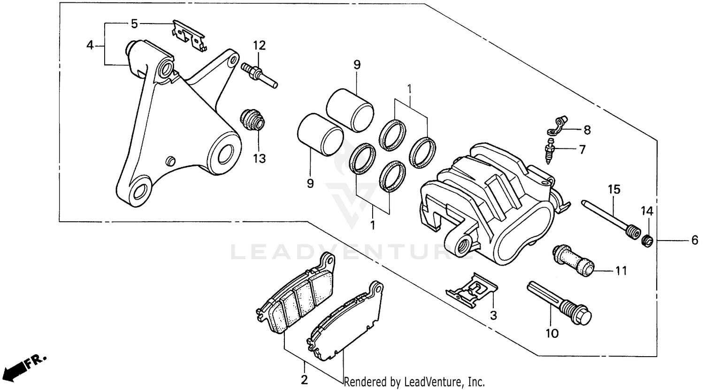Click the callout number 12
pos(260,46)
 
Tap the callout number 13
pos(259,158)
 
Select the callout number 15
pos(614,189)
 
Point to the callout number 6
pos(695,241)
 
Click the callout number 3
pos(493,315)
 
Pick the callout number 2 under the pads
pos(304,380)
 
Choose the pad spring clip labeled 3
pos(472,288)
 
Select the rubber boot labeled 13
pos(253,121)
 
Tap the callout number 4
pos(90,46)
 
